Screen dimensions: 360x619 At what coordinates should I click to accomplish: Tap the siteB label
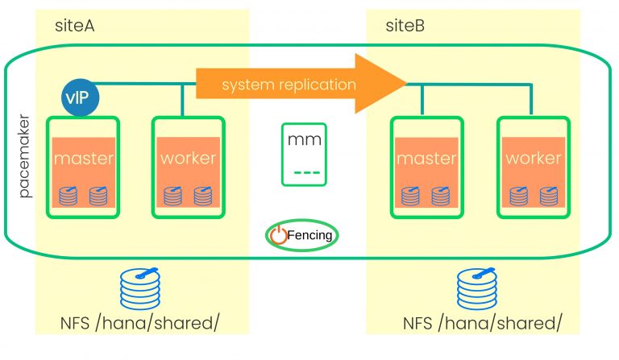pyautogui.click(x=406, y=27)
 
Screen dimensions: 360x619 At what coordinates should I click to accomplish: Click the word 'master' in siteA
pyautogui.click(x=83, y=158)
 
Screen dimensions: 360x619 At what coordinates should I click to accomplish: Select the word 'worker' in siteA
pyautogui.click(x=188, y=158)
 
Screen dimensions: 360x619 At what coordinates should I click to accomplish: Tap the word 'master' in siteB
pyautogui.click(x=426, y=158)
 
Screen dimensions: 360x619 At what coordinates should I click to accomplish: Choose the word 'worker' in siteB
pyautogui.click(x=532, y=158)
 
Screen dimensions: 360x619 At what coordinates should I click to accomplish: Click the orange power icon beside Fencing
pyautogui.click(x=278, y=235)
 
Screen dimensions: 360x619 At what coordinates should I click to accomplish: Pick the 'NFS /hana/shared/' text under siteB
pyautogui.click(x=481, y=324)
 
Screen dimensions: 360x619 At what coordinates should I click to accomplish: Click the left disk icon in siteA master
pyautogui.click(x=68, y=195)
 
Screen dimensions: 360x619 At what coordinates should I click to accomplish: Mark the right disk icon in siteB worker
pyautogui.click(x=548, y=195)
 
